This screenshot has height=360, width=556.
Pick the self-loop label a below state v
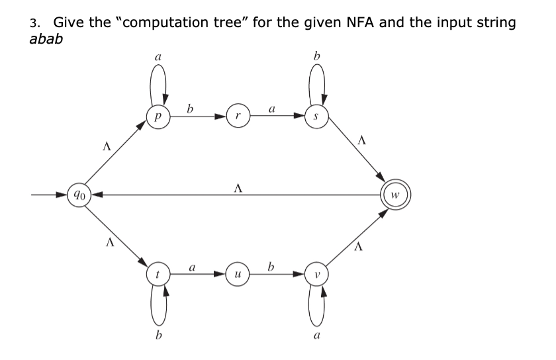[x=316, y=336]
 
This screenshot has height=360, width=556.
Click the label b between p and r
[x=191, y=107]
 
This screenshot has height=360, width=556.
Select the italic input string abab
[x=48, y=39]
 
